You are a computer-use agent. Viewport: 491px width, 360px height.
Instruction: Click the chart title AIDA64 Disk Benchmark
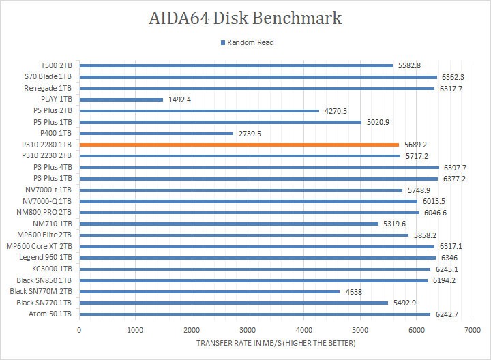point(245,18)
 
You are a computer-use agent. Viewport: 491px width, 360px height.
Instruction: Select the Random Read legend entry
point(250,42)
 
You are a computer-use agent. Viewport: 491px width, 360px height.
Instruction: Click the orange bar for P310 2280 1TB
point(239,145)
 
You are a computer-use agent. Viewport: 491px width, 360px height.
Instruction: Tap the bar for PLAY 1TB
point(121,100)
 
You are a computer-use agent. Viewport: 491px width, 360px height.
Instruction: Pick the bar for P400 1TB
point(156,134)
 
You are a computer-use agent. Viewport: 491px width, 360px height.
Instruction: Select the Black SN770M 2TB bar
point(209,292)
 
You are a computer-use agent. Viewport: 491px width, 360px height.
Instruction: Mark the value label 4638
point(353,292)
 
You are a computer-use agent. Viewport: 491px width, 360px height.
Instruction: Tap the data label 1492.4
point(179,100)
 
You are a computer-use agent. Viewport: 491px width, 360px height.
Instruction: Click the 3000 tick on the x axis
point(248,330)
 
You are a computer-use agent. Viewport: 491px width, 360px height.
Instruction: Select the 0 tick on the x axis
point(79,330)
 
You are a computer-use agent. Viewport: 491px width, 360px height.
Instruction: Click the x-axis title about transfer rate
point(276,342)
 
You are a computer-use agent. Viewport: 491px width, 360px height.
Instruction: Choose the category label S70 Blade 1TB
point(48,77)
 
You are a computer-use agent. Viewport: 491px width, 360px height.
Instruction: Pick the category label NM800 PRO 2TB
point(46,212)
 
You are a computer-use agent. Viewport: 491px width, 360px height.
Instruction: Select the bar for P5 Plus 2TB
point(199,111)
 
